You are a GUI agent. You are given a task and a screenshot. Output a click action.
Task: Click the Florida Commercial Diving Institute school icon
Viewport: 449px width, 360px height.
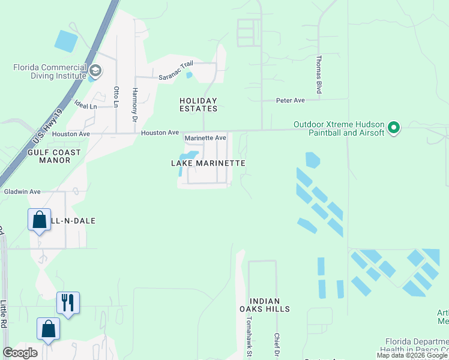pos(95,73)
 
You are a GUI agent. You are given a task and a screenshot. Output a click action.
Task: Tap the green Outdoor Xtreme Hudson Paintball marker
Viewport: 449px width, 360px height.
pos(394,128)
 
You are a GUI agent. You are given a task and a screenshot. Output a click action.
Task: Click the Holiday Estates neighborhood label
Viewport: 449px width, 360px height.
pos(198,104)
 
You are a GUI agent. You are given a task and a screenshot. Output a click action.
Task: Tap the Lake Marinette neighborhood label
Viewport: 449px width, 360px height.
pos(208,163)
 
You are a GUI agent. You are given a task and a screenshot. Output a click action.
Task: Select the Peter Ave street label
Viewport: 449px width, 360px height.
pos(291,100)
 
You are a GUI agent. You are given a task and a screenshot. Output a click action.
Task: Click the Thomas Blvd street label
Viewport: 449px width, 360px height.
pos(320,75)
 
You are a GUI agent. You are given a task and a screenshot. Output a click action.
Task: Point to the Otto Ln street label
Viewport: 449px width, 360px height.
pos(116,97)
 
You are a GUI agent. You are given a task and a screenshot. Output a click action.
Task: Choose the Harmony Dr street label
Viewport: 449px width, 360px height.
pos(135,101)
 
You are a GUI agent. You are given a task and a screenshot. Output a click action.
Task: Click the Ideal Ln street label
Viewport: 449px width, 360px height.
pos(85,106)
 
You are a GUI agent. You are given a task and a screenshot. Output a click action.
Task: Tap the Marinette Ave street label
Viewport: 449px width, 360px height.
pos(205,138)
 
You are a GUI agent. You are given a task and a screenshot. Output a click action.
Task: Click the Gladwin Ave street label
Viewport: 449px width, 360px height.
pos(22,191)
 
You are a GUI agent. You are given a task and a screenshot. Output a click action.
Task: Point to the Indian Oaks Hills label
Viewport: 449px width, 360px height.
pos(270,305)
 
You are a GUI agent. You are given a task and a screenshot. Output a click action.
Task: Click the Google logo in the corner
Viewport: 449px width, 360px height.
pos(20,353)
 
